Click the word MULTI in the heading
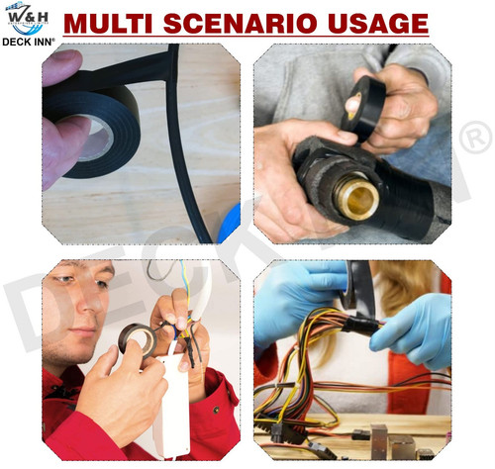pos(108,24)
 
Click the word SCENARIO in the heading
pos(240,24)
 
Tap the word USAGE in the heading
pos(378,24)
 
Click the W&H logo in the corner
pos(28,19)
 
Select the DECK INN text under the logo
pos(29,42)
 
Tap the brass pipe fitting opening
pos(357,198)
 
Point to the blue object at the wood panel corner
pos(229,224)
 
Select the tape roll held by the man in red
pos(138,341)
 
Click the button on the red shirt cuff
pos(216,410)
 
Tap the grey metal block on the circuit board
pos(378,441)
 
